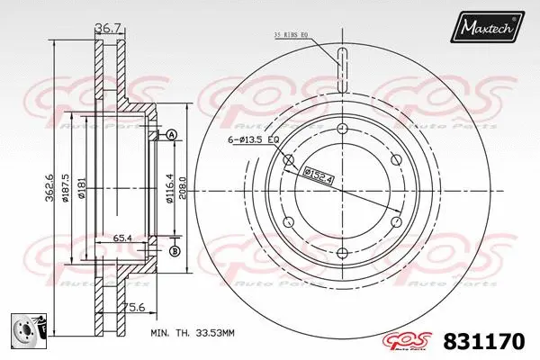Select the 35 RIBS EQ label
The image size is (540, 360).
point(291,36)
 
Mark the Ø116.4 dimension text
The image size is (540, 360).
point(168,191)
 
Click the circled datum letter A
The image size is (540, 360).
point(172,135)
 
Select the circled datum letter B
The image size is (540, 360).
point(174,250)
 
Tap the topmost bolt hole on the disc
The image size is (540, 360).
point(342,131)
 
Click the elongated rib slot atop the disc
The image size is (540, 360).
point(342,67)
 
